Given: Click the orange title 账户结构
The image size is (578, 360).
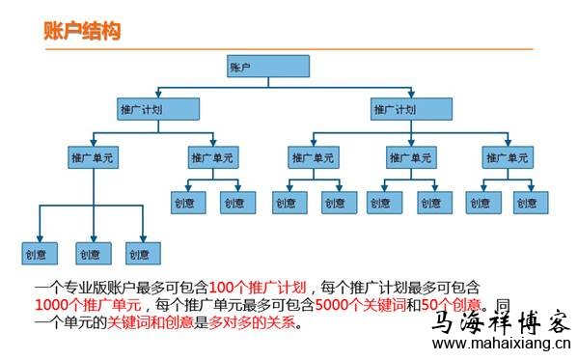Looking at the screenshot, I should [82, 31].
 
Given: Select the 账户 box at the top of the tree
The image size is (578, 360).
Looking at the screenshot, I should [267, 67].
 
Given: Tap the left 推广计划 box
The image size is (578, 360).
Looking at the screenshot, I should [141, 109].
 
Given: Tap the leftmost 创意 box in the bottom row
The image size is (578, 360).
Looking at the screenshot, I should [39, 255].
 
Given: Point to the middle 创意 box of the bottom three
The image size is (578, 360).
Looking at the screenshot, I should [90, 255].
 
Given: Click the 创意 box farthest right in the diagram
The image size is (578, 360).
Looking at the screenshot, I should [526, 203].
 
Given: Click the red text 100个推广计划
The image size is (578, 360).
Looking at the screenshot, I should [258, 288].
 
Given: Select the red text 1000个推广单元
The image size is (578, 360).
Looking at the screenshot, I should [77, 305].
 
